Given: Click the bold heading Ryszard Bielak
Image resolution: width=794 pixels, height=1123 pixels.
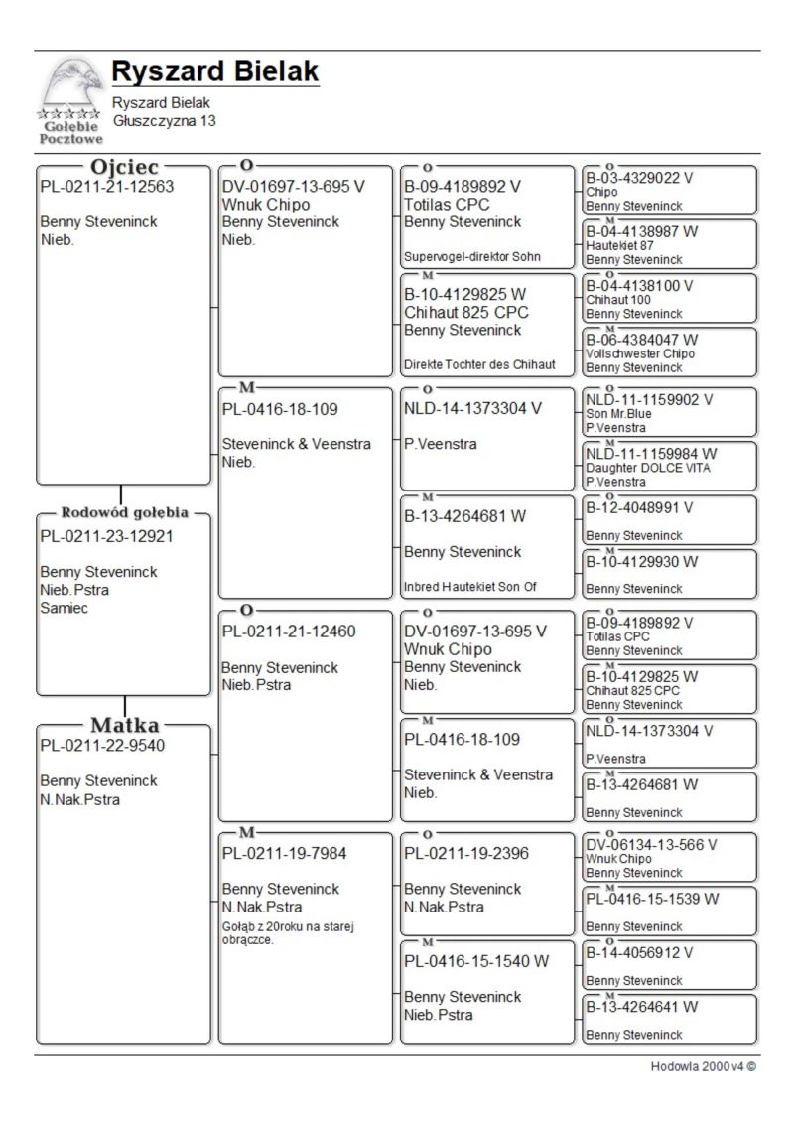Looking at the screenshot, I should pos(214,71).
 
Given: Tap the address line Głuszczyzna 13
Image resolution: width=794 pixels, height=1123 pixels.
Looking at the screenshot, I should pos(164,121).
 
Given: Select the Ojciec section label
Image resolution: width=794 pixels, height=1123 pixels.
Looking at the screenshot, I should pos(124,167).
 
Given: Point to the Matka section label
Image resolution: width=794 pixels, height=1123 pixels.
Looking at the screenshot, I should pos(124,725).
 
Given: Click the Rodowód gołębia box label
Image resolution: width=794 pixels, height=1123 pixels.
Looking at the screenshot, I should pos(124,513).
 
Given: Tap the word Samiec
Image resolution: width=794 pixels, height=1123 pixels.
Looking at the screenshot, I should pos(64,608).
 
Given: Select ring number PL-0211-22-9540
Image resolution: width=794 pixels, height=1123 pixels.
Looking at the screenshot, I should pos(102,746).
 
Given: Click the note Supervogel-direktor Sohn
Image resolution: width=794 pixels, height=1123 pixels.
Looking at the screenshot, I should pos(471,256).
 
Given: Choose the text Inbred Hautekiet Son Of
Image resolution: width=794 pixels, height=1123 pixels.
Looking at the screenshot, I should pos(469,587).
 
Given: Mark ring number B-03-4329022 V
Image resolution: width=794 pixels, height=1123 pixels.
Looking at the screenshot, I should pos(639,179).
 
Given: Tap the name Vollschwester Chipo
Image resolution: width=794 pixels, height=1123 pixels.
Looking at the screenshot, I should pos(640,353).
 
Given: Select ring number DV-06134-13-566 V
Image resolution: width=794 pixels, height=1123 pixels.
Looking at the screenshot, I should pos(651,845).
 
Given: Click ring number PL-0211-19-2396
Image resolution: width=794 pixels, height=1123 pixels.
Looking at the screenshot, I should pos(466,853).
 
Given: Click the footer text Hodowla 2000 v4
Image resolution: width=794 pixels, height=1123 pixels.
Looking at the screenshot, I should pos(703,1067).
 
